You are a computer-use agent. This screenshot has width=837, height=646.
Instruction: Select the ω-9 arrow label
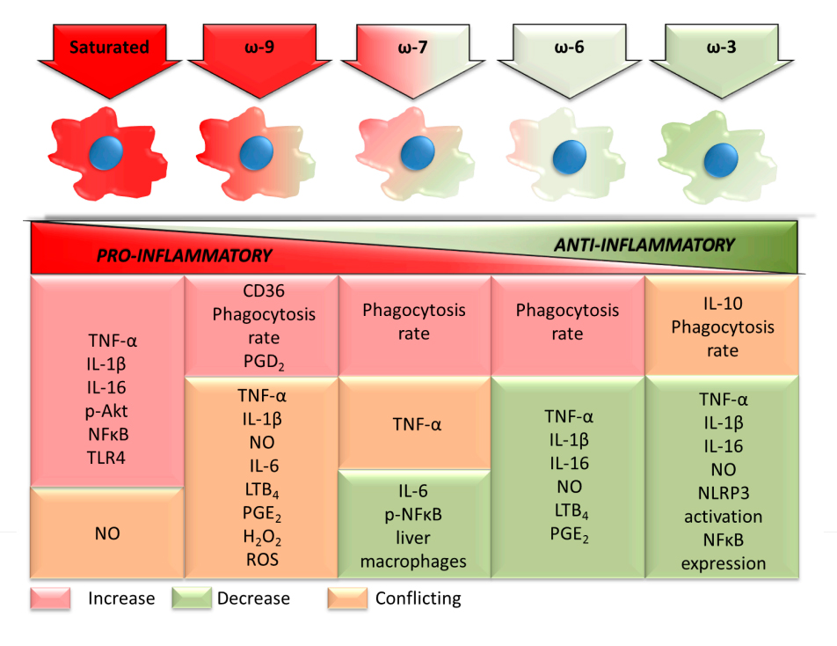(x=261, y=48)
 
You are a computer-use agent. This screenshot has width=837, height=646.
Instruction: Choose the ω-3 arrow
(x=723, y=48)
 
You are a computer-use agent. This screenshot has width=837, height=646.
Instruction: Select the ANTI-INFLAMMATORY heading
(x=644, y=246)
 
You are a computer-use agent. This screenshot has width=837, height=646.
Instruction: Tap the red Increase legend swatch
(x=51, y=599)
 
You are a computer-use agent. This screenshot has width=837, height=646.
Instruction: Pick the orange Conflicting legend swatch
(x=348, y=599)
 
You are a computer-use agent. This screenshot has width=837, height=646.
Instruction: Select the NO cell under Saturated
(x=106, y=532)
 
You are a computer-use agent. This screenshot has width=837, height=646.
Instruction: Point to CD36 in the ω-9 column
(x=261, y=291)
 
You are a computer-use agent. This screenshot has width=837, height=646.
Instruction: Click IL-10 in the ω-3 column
(x=722, y=305)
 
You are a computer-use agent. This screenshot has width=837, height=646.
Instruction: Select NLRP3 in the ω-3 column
(x=722, y=493)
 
